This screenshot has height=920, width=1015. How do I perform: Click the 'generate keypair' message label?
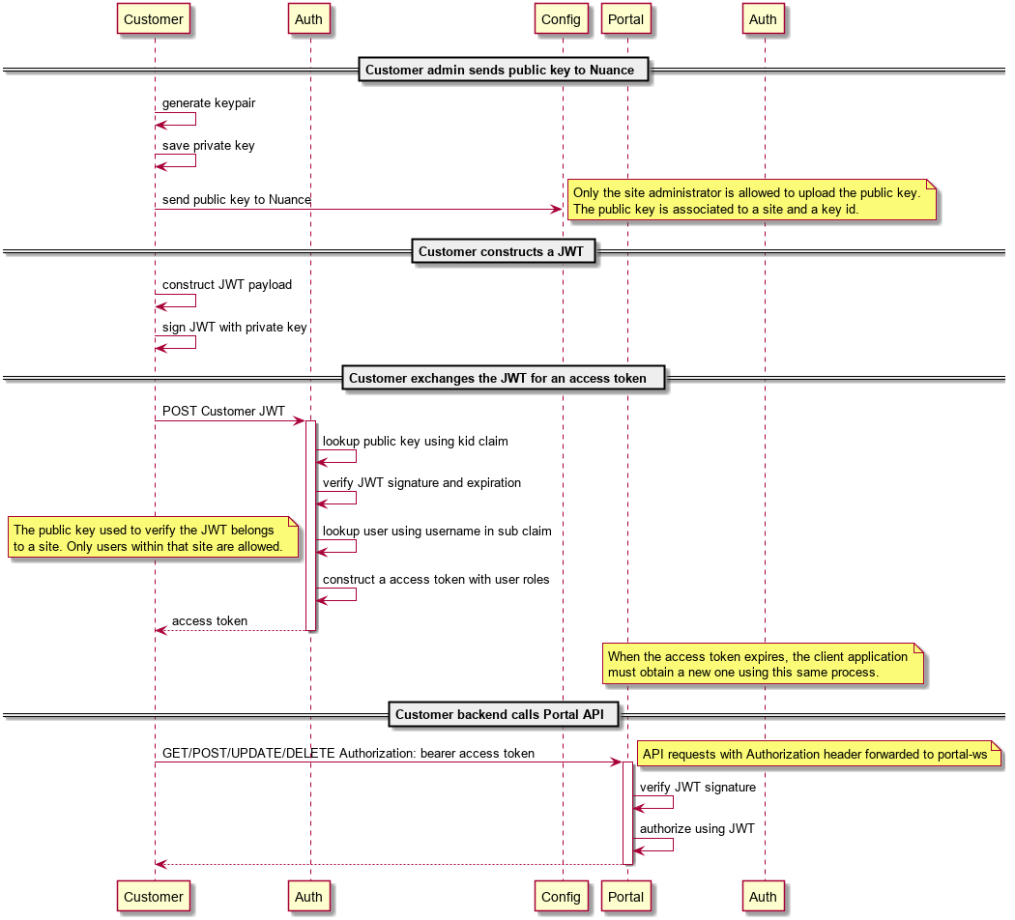(209, 102)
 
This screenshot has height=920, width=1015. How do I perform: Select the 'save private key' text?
(208, 145)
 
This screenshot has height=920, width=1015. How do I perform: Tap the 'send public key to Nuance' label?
(236, 199)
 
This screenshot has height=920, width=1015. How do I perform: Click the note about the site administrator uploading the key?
(751, 200)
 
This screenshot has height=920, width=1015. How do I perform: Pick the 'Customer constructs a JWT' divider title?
(503, 251)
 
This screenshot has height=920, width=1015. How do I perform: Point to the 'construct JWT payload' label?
(226, 284)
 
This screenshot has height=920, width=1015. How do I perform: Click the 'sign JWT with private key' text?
(234, 327)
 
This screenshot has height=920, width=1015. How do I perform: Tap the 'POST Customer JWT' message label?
(223, 411)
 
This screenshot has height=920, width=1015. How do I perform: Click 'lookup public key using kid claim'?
(415, 441)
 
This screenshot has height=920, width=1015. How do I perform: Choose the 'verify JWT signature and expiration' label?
(421, 482)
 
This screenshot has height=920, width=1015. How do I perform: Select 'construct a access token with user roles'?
(436, 579)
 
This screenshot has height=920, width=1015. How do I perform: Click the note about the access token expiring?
(763, 664)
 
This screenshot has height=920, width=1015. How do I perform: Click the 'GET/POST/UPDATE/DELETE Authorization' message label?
(348, 753)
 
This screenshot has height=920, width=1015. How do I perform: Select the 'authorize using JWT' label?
(696, 828)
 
